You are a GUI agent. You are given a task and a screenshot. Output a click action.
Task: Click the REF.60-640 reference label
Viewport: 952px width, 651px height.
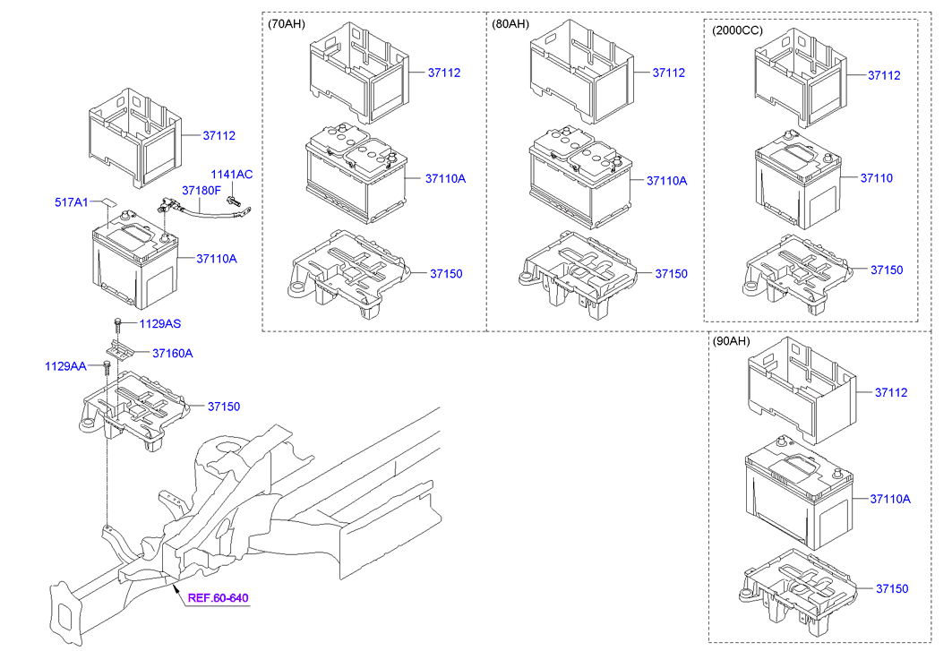[218, 598]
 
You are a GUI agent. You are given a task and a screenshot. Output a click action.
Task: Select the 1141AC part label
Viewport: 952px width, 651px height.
[231, 175]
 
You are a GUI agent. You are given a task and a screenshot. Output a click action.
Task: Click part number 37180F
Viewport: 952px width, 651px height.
[201, 191]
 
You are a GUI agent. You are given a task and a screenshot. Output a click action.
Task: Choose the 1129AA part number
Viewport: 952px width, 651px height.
[66, 366]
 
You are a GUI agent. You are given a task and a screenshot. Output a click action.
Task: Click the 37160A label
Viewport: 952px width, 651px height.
[172, 354]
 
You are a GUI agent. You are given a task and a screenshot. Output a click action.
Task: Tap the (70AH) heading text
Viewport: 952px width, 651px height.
[287, 25]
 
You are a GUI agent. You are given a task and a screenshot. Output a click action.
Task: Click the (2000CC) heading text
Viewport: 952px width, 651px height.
[737, 30]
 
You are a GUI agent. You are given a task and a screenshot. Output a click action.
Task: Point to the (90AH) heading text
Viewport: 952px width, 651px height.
[732, 342]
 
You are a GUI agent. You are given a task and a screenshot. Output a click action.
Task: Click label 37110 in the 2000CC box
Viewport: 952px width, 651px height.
[876, 178]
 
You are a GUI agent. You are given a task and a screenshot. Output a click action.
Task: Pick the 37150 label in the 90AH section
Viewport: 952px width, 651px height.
[891, 588]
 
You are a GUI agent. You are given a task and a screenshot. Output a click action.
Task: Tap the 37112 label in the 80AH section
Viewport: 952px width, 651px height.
[668, 73]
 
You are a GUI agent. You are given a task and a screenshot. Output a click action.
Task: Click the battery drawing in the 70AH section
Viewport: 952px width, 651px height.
[355, 174]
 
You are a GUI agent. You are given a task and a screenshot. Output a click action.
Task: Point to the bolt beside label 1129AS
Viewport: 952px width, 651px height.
[117, 323]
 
